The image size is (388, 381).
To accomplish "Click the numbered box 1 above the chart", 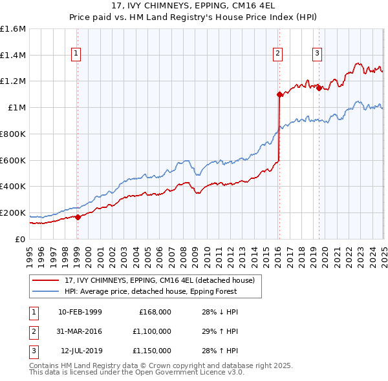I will point(76,54).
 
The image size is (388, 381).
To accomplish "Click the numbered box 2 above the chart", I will point(278,54).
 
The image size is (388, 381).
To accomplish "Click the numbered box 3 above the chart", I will point(318,54).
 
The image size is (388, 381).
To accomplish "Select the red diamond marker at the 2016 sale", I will point(279,94).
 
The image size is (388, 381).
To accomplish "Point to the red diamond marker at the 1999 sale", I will point(78,217).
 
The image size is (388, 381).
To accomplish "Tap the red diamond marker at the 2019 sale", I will point(319,88).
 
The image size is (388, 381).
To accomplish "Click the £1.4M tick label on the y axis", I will point(13,56).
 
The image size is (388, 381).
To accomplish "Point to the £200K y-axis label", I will point(13,212).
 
